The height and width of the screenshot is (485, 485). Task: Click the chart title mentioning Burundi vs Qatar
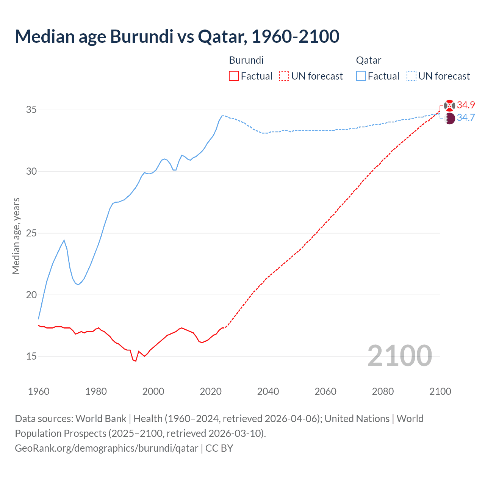click(177, 36)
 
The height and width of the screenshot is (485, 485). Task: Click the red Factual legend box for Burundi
click(234, 76)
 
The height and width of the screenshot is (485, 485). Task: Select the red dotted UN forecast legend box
click(284, 76)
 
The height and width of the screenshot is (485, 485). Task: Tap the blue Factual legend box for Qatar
click(361, 76)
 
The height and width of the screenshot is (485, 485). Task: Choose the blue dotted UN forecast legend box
click(411, 76)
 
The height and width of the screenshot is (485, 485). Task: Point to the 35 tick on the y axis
click(31, 110)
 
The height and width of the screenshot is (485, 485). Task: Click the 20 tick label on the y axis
click(31, 295)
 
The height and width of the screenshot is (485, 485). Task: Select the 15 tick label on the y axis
click(31, 357)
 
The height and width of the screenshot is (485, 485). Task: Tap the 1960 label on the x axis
click(39, 391)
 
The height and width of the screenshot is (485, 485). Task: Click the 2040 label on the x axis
click(268, 391)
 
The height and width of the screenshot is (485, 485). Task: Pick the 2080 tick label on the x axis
click(383, 391)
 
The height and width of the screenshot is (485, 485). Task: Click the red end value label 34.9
click(466, 105)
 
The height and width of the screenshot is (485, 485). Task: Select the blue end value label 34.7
click(466, 118)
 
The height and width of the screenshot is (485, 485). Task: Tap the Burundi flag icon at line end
click(449, 105)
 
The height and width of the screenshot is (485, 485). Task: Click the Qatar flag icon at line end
click(449, 118)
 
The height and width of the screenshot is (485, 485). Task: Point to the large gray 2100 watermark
click(399, 356)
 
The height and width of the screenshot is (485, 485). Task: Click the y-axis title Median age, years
click(16, 236)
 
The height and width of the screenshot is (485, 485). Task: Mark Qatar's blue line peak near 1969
click(64, 240)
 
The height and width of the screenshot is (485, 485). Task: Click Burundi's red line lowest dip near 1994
click(135, 361)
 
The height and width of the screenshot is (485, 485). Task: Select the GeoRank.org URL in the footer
click(106, 448)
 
